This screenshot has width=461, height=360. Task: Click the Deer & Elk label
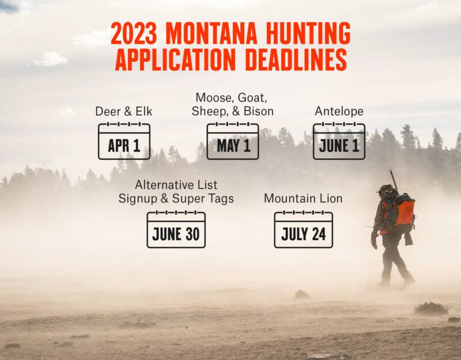(123, 111)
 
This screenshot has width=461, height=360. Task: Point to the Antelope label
(339, 111)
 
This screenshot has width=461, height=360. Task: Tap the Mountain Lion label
(303, 199)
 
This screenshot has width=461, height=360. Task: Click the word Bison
(258, 111)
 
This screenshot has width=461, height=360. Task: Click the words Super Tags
(211, 199)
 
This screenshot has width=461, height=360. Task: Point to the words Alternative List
(176, 185)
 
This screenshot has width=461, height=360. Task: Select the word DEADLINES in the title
(291, 59)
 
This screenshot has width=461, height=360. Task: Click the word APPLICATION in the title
(171, 59)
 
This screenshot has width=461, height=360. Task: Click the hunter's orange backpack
(404, 212)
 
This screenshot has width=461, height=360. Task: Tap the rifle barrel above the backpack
(394, 179)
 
